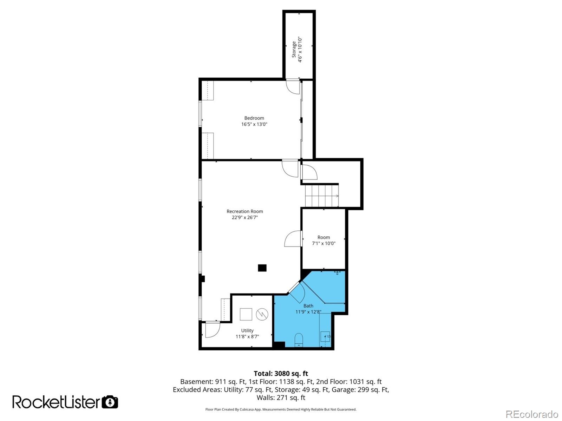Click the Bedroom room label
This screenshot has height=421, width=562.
[x=254, y=118]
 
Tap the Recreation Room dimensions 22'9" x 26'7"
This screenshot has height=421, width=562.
[x=244, y=217]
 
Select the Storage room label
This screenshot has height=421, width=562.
[x=294, y=49]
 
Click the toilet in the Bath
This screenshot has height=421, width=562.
[x=298, y=340]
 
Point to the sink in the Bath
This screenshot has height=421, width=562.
[x=325, y=337]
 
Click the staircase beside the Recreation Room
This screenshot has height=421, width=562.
[x=321, y=196]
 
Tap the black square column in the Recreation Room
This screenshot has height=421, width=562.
[x=262, y=268]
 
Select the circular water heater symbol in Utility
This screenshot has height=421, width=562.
[x=262, y=314]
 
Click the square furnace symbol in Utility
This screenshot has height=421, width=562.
[x=246, y=314]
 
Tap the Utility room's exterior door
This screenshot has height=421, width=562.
[x=212, y=329]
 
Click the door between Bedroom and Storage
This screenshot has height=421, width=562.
[x=293, y=86]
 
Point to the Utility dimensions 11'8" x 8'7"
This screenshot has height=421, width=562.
[x=247, y=336]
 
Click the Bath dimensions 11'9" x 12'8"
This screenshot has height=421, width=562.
[x=308, y=311]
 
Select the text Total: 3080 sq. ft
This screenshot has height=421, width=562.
[x=281, y=374]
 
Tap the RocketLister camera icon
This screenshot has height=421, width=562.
[x=110, y=402]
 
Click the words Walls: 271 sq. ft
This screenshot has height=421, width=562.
[x=281, y=397]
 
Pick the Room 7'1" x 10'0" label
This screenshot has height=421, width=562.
[x=324, y=237]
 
